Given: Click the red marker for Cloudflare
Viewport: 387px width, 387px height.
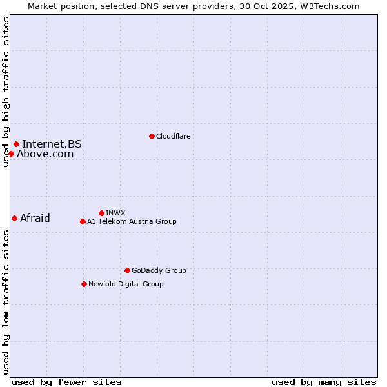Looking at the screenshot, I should pos(152,136).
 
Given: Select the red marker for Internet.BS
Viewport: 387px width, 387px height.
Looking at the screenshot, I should pos(16,144).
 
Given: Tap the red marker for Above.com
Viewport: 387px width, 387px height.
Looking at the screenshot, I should pos(11,154).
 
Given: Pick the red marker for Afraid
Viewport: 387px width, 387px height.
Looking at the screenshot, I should pos(14,218).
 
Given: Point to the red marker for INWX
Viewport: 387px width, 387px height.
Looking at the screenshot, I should pos(101,213).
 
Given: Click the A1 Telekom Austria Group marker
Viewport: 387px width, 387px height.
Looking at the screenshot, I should pos(83,221).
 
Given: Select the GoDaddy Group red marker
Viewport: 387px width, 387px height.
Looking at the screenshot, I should pos(127,270).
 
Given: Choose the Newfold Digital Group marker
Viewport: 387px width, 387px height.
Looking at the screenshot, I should pos(84,284).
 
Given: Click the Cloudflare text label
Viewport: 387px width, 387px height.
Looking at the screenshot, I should pos(173,136).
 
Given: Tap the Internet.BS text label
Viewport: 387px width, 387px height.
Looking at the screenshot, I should pos(52,144).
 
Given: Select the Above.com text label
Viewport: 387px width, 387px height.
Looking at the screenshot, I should pos(45,154).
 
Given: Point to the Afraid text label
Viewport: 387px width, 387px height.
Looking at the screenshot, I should pos(35,218).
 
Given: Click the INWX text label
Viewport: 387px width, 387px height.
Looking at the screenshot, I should pos(115,213).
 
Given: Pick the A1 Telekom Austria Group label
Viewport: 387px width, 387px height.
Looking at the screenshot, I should pos(132,221).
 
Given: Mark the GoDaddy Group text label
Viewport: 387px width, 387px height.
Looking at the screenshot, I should pos(159,270).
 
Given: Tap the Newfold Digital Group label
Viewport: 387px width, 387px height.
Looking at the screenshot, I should pos(126,284).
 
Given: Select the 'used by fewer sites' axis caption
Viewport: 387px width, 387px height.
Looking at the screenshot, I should pos(66,382).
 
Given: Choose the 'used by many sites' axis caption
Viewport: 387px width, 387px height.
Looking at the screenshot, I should pos(324,382).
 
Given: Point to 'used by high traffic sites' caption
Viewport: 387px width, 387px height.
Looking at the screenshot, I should pos(6,92).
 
